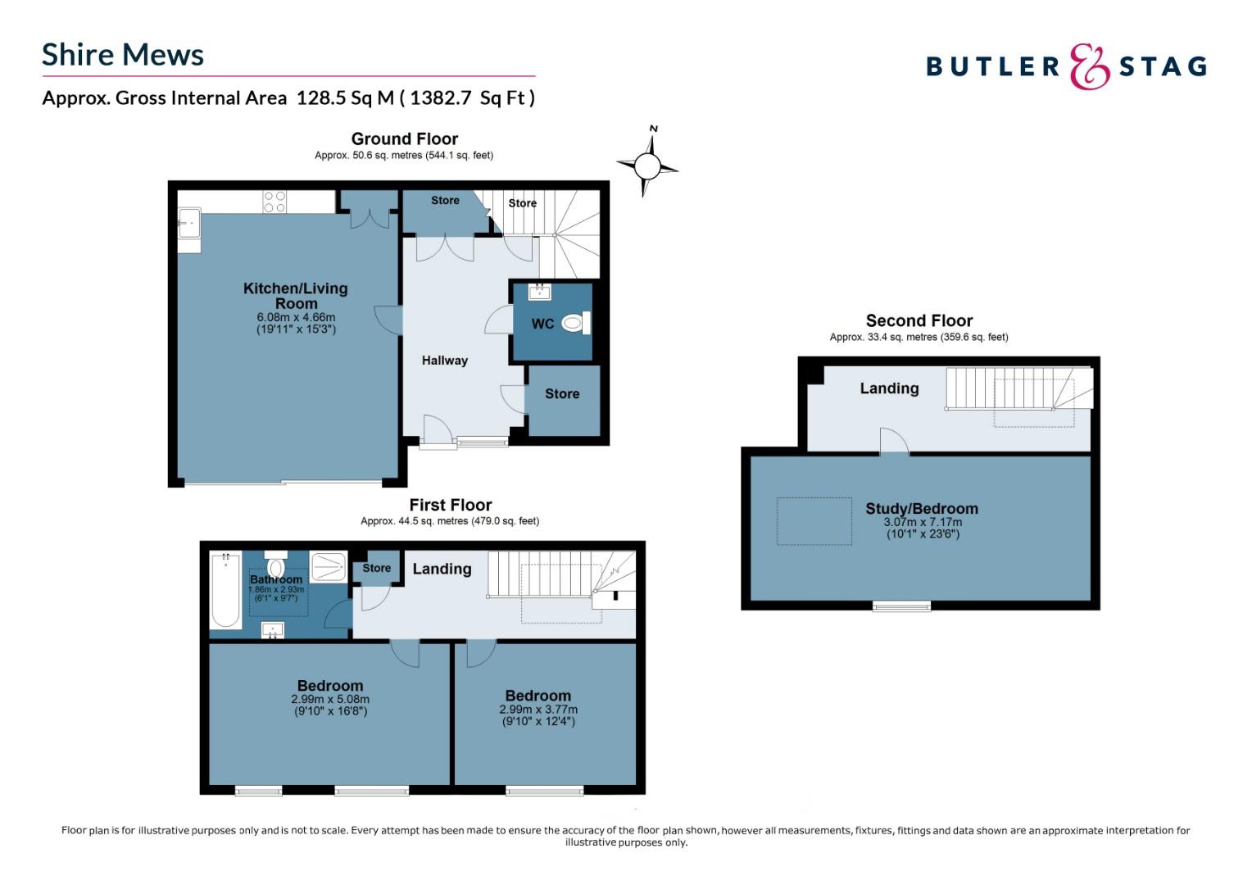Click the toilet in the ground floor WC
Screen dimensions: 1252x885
pos(576,323)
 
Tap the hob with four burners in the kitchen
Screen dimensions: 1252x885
pos(274,202)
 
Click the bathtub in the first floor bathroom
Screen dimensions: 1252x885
pos(226,590)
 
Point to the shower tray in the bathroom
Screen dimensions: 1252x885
pos(329,566)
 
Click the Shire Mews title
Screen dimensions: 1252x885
pos(123,55)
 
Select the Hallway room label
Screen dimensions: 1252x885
pos(444,361)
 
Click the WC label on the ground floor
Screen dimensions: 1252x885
pos(542,324)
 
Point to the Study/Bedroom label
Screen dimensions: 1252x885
pos(922,509)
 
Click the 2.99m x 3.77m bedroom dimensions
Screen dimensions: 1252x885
pos(538,710)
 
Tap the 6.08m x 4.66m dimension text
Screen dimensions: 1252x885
pos(297,318)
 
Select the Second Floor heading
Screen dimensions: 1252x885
pos(919,321)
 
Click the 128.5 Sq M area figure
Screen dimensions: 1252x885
pos(346,98)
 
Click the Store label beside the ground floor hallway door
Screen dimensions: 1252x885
pos(562,393)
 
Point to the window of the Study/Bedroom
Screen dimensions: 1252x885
pos(901,606)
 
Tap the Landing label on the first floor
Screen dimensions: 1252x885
pos(442,570)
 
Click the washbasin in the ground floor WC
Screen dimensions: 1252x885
pos(539,292)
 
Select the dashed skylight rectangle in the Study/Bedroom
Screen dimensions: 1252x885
pos(814,521)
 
